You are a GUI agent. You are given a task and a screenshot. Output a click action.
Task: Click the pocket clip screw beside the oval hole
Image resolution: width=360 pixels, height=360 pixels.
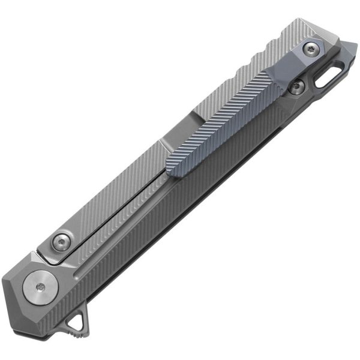[x=296, y=88]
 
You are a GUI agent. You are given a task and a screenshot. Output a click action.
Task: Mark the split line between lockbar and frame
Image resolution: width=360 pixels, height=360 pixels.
[x=120, y=201]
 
